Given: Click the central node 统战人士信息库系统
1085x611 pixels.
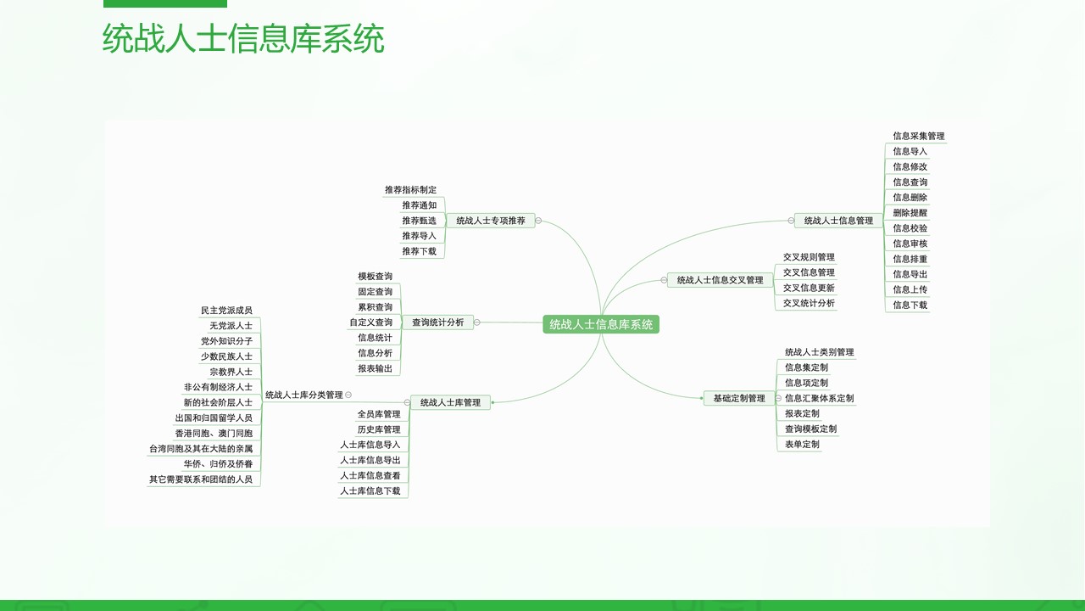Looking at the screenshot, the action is click(601, 324).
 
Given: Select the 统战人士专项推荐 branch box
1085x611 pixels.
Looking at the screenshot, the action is click(490, 221).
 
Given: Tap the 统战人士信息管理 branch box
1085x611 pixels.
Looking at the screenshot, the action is click(838, 221).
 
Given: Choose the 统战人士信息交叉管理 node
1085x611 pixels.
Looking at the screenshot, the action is click(720, 280).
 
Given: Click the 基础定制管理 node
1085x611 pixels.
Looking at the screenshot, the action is click(739, 398).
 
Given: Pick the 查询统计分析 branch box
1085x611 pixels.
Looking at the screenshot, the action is click(438, 322).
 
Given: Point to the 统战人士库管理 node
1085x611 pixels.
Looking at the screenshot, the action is click(450, 402).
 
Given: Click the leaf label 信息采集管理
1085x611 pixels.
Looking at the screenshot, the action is click(919, 137).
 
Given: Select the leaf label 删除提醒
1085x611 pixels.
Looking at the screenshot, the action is click(910, 213).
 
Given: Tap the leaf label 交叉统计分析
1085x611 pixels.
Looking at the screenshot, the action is click(809, 303).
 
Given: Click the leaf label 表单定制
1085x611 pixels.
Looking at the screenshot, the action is click(802, 444).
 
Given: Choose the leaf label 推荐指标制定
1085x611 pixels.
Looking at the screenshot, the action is click(411, 190).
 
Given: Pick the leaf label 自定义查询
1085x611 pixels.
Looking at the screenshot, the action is click(371, 322).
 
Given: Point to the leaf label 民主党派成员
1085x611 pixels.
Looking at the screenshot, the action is click(226, 311).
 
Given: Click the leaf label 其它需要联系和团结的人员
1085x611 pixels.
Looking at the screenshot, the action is click(201, 479).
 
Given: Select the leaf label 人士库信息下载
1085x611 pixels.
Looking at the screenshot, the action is click(370, 491).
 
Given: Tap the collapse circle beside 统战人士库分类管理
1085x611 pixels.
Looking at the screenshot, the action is click(348, 395).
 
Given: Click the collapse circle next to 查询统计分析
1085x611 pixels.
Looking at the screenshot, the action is click(476, 322).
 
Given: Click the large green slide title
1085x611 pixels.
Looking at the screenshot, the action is click(243, 38).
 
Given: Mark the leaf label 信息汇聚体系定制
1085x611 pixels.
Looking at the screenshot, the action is click(820, 398).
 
